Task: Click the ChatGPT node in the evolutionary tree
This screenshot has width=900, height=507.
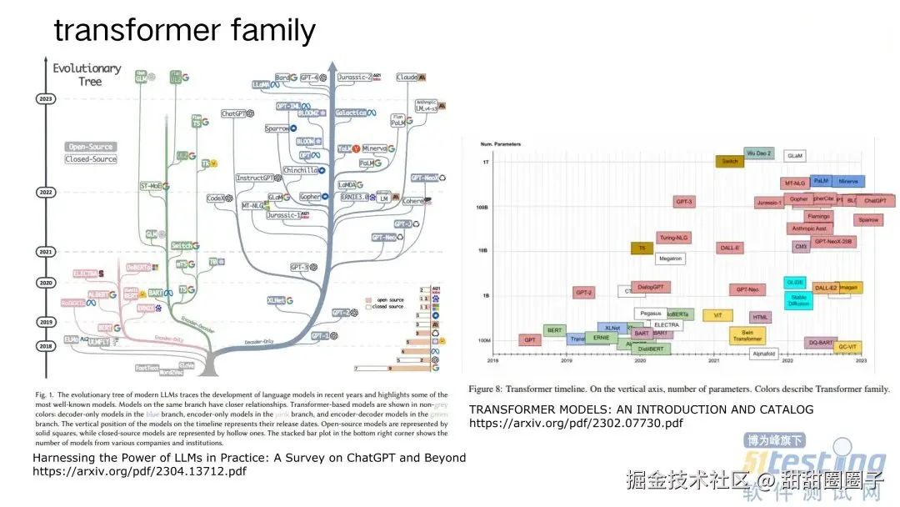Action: click(x=237, y=113)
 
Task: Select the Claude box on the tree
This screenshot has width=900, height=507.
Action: click(x=407, y=77)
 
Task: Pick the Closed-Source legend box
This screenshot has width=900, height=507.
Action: click(x=91, y=158)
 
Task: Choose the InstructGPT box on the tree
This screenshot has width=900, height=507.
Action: click(x=255, y=178)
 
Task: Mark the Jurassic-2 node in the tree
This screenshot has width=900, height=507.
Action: click(x=355, y=77)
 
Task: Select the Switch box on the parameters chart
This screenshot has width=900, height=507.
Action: click(x=729, y=161)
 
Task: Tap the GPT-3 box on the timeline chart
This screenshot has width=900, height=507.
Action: click(x=684, y=202)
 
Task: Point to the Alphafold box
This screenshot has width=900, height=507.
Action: click(x=763, y=354)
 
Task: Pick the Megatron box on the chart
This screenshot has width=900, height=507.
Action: click(x=670, y=259)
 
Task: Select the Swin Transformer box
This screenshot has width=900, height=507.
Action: click(x=747, y=335)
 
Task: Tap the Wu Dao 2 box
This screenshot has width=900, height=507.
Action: click(x=758, y=153)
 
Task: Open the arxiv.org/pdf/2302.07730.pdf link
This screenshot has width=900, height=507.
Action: click(x=576, y=423)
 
